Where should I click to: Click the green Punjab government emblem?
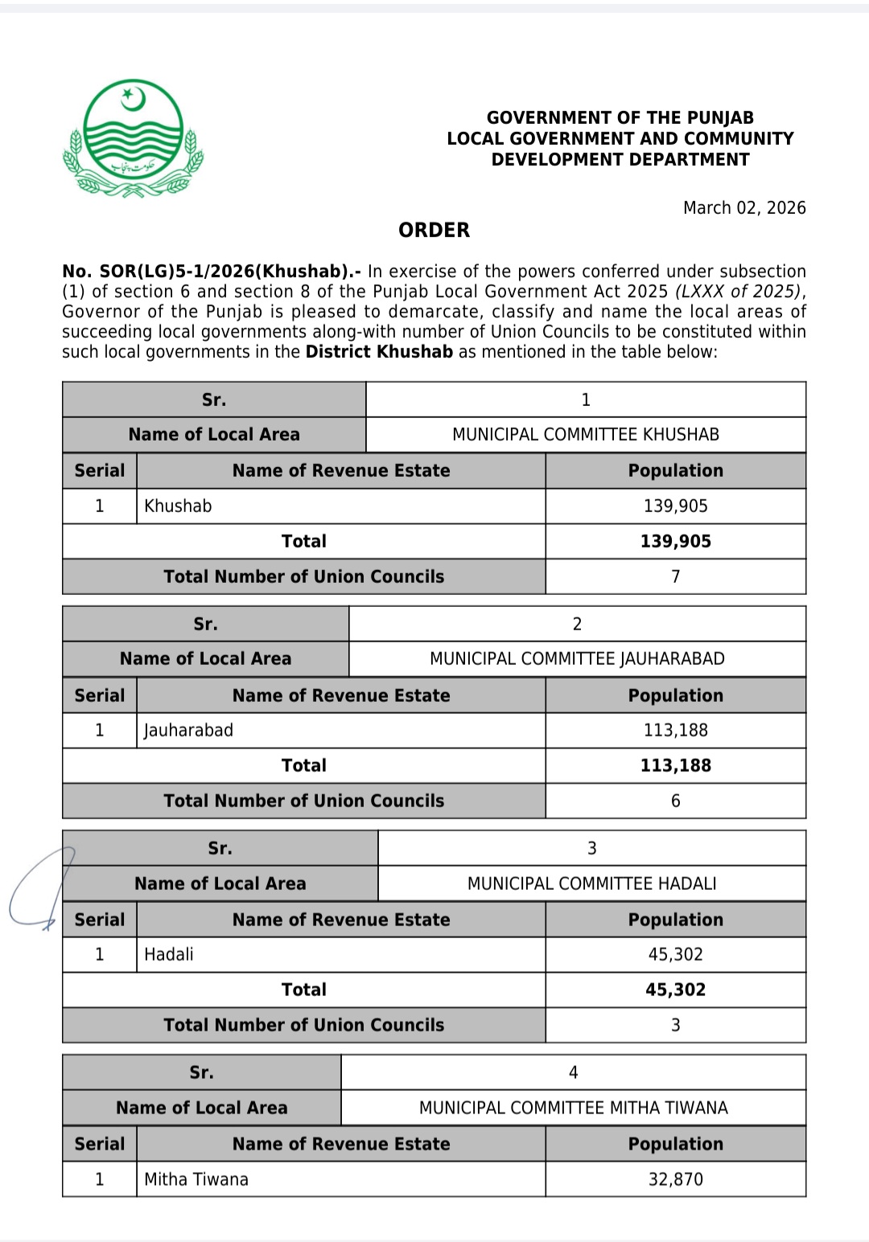(133, 138)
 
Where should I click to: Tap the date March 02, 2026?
(744, 208)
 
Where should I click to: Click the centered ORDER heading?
(434, 231)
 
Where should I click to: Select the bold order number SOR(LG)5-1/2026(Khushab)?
(211, 272)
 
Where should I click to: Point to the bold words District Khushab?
(379, 352)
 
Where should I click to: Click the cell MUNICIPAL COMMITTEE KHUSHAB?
(585, 435)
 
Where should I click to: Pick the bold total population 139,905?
(675, 542)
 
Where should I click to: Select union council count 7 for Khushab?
(675, 577)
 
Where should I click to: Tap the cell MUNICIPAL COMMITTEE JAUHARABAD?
(577, 659)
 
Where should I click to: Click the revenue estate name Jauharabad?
(189, 731)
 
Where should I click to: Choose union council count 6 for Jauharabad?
(675, 801)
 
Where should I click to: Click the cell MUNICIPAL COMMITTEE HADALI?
(591, 883)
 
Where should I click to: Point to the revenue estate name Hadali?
(169, 955)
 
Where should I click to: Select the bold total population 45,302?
(675, 990)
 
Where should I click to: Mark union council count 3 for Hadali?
(675, 1026)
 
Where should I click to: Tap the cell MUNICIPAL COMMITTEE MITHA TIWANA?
(573, 1108)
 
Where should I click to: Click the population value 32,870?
(675, 1179)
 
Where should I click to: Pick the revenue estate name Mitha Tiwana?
(196, 1179)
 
